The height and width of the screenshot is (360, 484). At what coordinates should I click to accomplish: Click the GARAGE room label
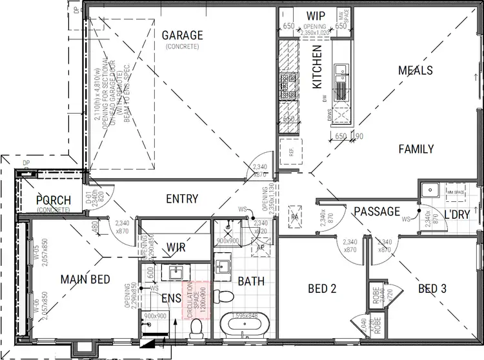coord(182,35)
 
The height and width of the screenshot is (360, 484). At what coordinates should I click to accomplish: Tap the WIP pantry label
coord(316,15)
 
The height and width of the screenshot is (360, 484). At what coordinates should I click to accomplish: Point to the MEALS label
coord(415,70)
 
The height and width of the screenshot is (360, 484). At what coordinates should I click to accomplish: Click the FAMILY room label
coord(416,149)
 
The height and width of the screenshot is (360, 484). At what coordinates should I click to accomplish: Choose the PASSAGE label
coord(376,211)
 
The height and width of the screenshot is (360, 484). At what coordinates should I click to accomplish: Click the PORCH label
coord(54,200)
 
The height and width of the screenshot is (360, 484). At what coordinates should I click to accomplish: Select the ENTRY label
coord(182,199)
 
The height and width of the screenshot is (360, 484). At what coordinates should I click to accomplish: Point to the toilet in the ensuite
coord(197,330)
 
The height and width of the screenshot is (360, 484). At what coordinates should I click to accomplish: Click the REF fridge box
coord(291,154)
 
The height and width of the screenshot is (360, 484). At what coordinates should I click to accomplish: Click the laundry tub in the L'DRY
coord(430,191)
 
